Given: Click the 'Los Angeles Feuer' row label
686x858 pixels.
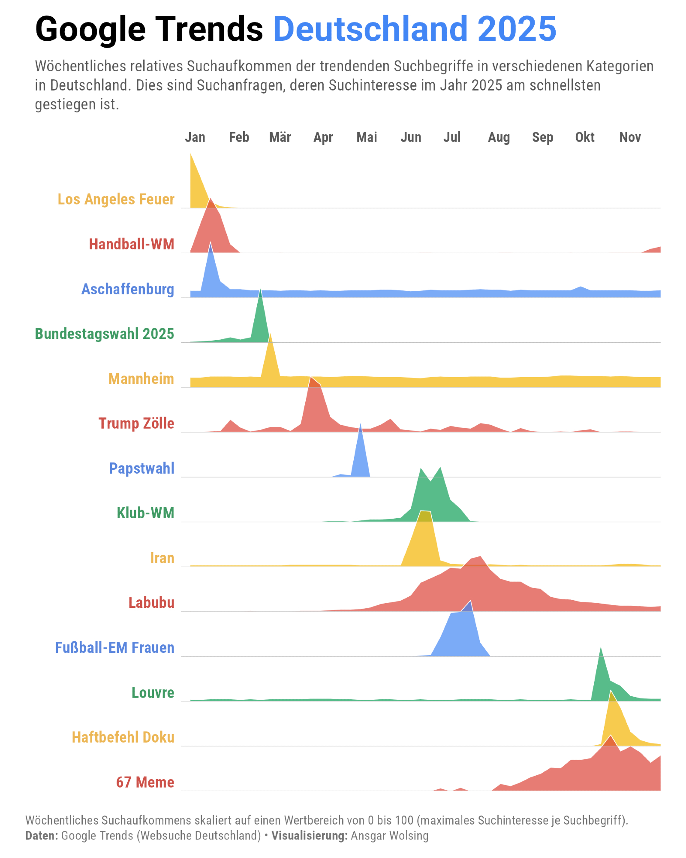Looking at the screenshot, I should point(116,199).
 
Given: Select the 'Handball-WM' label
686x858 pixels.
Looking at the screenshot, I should point(131,244).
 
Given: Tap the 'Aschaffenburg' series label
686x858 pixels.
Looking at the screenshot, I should point(128,289).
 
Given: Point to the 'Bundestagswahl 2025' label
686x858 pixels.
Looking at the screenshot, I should point(104,334).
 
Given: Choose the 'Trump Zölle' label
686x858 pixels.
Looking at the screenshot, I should point(136,423).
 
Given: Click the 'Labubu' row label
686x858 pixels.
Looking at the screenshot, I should point(151,603).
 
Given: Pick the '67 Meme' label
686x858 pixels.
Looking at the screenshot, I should point(145,782).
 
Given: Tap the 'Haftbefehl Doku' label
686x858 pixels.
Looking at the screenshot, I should point(123,737).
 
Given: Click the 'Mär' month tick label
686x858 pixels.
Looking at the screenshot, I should point(280,137).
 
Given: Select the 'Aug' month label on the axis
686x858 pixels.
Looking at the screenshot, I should point(499,137).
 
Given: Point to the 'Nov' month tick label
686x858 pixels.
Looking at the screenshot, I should point(630,137).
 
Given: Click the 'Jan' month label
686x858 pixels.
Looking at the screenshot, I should point(195,137).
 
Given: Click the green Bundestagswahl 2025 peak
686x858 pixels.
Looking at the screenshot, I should point(260,296).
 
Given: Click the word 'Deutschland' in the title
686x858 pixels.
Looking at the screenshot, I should point(369,29).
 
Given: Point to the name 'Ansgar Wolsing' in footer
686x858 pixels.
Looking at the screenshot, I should point(389,836).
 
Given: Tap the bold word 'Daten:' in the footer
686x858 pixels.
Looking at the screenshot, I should point(42,836).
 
